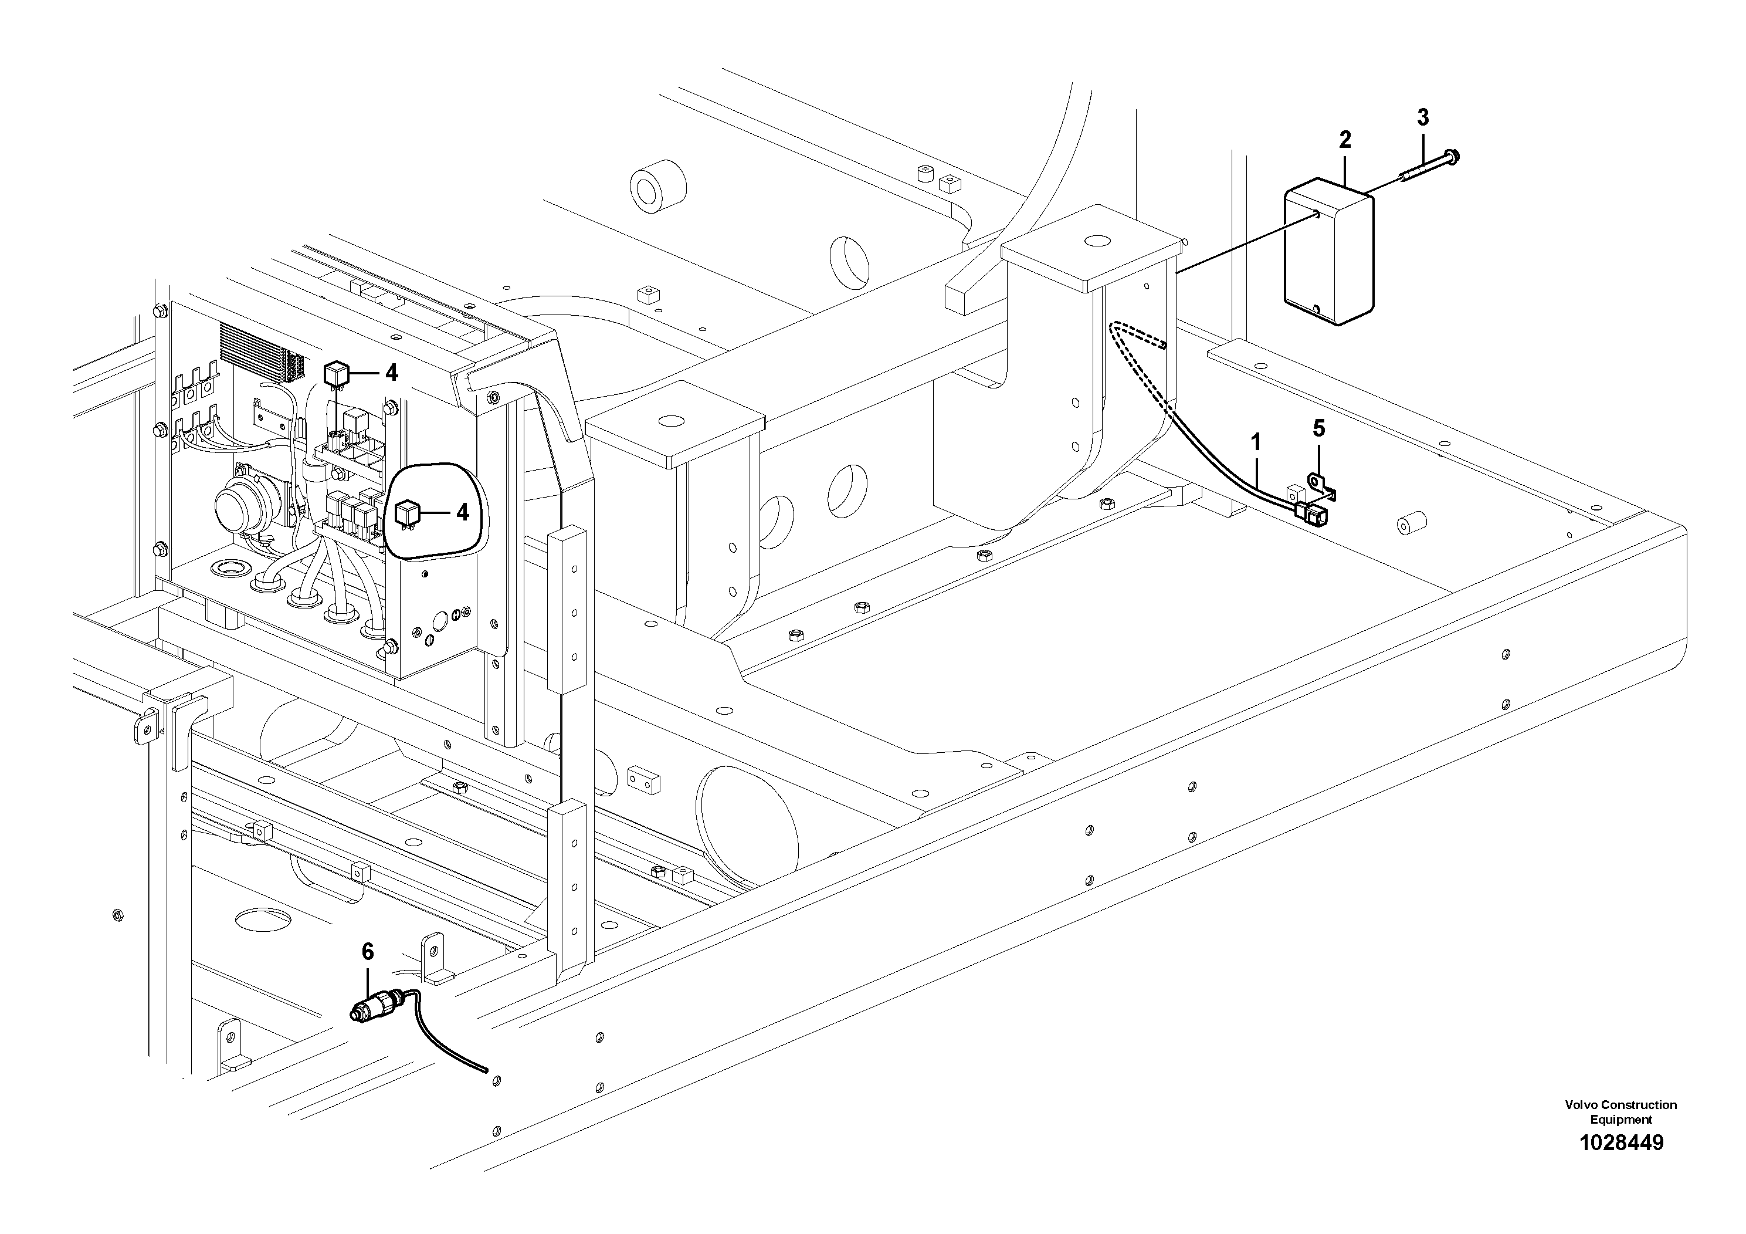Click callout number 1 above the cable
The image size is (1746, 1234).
(x=1256, y=441)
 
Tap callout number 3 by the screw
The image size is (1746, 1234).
(x=1422, y=117)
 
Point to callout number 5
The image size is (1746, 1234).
(x=1318, y=428)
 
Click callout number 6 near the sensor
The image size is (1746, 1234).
(x=368, y=951)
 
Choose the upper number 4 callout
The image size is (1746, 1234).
(x=391, y=373)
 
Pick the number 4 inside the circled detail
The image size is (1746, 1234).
(x=462, y=512)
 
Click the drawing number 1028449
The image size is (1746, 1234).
(x=1620, y=1164)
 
